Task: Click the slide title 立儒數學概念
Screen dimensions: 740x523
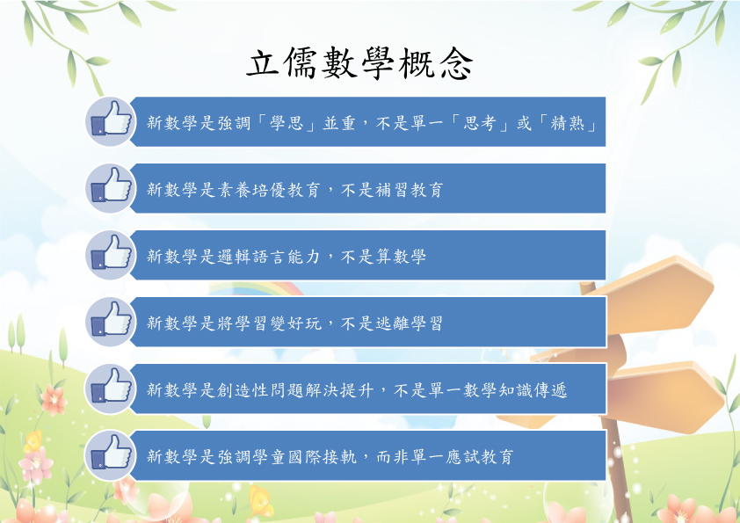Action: pyautogui.click(x=359, y=63)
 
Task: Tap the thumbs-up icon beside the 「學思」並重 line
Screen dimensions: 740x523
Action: pyautogui.click(x=111, y=121)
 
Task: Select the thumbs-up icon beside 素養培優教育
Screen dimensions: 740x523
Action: pyautogui.click(x=111, y=188)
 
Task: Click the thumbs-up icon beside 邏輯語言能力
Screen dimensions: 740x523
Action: pyautogui.click(x=111, y=255)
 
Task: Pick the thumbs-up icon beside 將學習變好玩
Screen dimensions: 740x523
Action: pyautogui.click(x=111, y=322)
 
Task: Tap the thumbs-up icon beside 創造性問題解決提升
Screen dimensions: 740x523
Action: pyautogui.click(x=111, y=389)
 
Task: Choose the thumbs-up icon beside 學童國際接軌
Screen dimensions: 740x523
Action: pyautogui.click(x=111, y=455)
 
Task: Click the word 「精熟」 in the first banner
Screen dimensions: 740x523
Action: pyautogui.click(x=568, y=123)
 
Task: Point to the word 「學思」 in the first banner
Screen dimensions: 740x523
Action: pyautogui.click(x=287, y=123)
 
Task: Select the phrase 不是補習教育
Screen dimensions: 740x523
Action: pyautogui.click(x=392, y=190)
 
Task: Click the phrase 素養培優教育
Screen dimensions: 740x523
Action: pyautogui.click(x=269, y=190)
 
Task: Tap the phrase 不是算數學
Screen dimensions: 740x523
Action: pyautogui.click(x=383, y=257)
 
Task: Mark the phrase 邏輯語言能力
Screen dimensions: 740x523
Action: pyautogui.click(x=269, y=257)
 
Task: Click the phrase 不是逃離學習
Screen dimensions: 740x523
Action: pyautogui.click(x=392, y=323)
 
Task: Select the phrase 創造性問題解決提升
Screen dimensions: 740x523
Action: pyautogui.click(x=295, y=390)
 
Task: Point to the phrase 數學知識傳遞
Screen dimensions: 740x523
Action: pyautogui.click(x=515, y=390)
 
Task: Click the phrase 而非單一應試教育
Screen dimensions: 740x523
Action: pyautogui.click(x=445, y=457)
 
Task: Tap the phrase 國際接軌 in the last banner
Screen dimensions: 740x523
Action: pyautogui.click(x=322, y=457)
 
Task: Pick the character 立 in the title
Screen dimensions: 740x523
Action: pyautogui.click(x=263, y=63)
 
